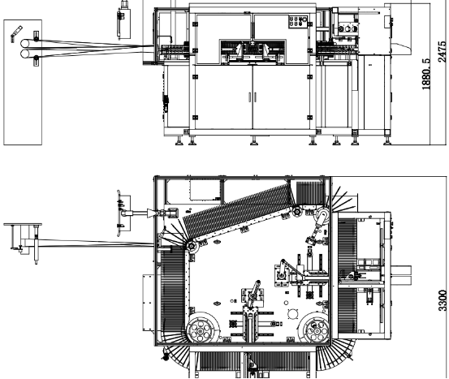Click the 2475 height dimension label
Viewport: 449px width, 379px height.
[x=443, y=52]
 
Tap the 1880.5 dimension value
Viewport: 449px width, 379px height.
[x=426, y=74]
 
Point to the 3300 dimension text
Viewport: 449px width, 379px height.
[x=443, y=300]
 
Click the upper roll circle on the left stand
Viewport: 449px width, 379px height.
[x=25, y=44]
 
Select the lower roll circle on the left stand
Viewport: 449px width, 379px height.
[x=25, y=54]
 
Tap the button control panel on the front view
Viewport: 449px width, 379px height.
[x=298, y=22]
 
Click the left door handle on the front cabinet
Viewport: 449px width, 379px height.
[x=250, y=97]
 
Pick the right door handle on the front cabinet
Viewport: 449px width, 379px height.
[x=255, y=97]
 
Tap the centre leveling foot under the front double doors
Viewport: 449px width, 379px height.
[x=253, y=141]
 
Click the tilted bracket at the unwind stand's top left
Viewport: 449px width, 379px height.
[x=16, y=33]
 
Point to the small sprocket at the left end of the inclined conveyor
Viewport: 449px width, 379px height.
[x=192, y=246]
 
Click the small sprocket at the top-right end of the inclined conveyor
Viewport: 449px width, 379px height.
[x=297, y=212]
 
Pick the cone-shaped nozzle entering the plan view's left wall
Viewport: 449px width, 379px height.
[x=151, y=213]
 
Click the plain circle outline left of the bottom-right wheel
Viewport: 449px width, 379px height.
[x=292, y=314]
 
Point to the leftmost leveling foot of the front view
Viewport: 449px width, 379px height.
[x=179, y=141]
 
